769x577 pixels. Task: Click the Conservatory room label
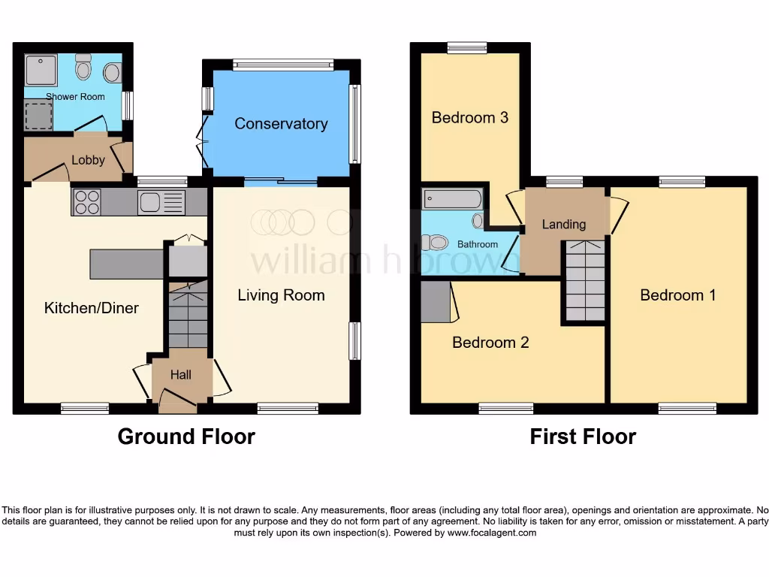(281, 124)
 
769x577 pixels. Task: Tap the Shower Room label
(75, 97)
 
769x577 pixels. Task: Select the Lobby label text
(88, 160)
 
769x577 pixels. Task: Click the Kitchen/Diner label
(92, 307)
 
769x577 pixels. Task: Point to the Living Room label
(281, 295)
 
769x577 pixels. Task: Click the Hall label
(181, 375)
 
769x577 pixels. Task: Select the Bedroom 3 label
(469, 118)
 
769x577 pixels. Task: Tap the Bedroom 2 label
(490, 343)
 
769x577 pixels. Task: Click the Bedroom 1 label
(677, 295)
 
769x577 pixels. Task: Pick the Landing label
(563, 224)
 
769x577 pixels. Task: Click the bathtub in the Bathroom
(452, 199)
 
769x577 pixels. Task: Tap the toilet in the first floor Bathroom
(434, 242)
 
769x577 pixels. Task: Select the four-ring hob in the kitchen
(87, 202)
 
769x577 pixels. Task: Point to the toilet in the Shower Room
(83, 68)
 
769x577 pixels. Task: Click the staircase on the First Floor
(585, 281)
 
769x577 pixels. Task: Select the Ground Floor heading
(186, 437)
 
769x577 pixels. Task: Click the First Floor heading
(583, 437)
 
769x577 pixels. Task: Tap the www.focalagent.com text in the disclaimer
(492, 533)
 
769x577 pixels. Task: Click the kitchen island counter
(126, 264)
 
